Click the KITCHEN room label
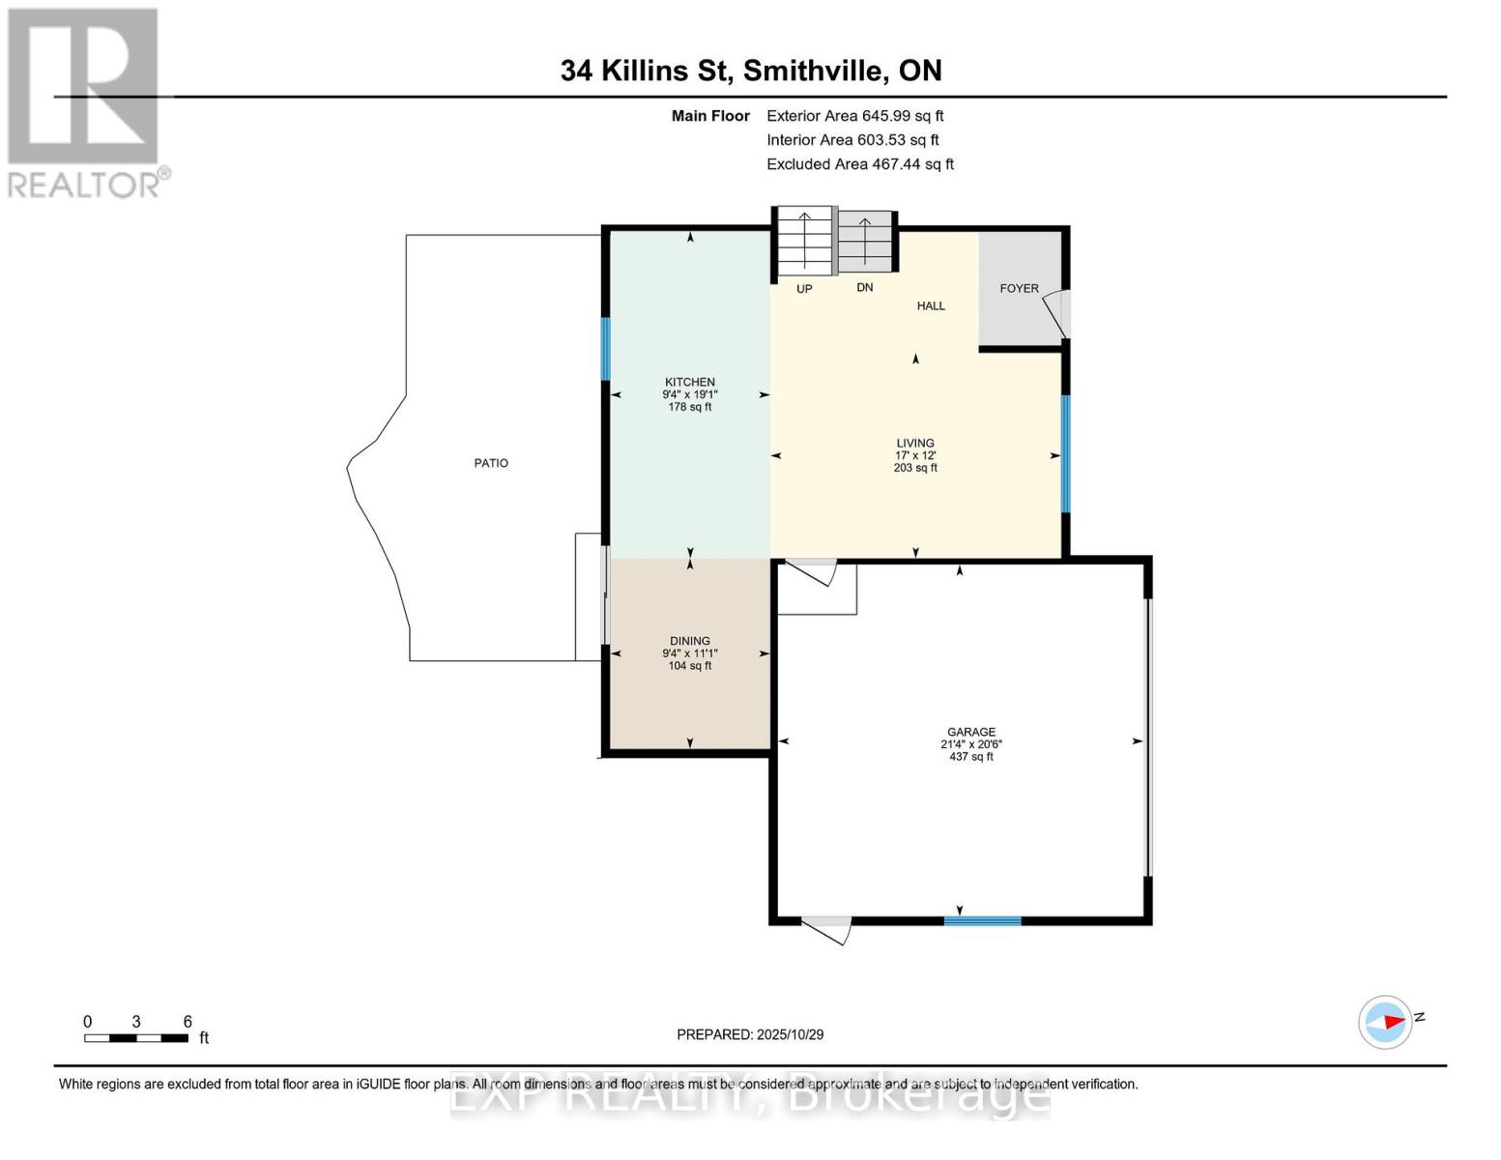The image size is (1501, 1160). [x=689, y=382]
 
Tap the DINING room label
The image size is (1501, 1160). [x=689, y=641]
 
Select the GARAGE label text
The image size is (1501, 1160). [x=970, y=732]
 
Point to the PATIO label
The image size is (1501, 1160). [x=491, y=463]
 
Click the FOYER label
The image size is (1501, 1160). [x=1019, y=288]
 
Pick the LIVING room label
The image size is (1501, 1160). [x=914, y=443]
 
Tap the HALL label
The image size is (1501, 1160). [x=931, y=305]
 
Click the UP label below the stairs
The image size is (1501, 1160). [x=804, y=289]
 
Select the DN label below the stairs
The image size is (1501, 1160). [x=864, y=287]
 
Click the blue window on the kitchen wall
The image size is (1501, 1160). [x=606, y=349]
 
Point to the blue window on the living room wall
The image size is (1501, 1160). [x=1065, y=453]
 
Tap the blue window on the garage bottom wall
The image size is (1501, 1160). [x=982, y=921]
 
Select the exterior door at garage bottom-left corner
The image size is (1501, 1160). [x=827, y=930]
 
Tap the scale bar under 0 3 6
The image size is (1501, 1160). [x=135, y=1038]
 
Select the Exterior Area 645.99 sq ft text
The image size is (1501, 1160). [x=854, y=115]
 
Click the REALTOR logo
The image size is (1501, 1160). [x=85, y=101]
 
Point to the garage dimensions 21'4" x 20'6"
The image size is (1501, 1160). [x=970, y=744]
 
